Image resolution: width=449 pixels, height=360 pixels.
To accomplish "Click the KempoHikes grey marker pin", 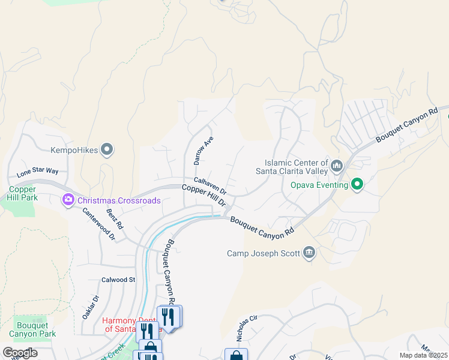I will [x=107, y=149].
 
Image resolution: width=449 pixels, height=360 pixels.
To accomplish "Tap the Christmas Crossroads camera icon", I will [x=68, y=200].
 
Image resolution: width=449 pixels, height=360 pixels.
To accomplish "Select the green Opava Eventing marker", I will [x=357, y=185].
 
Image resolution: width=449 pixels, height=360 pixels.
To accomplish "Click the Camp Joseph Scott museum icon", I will [x=309, y=253].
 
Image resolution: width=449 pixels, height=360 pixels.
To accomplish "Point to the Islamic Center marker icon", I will [x=336, y=164].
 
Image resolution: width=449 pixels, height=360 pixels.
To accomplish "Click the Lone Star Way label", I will [x=38, y=172].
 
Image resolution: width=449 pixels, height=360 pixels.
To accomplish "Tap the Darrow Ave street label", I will [x=203, y=151].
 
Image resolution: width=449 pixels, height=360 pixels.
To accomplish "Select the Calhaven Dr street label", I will [x=209, y=185].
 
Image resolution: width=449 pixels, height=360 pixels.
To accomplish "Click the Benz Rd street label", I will [x=115, y=220].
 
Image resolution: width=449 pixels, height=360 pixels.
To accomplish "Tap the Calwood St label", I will [x=118, y=280].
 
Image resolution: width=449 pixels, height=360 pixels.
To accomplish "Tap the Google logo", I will [x=19, y=352].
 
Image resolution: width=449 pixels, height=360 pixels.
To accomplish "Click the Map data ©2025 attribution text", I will [x=423, y=355].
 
